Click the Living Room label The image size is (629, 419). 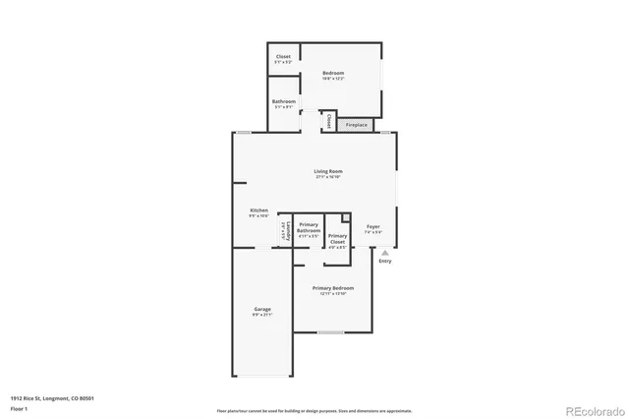click(327, 173)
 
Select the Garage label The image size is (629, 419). click(261, 310)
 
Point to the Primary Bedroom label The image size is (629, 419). click(333, 288)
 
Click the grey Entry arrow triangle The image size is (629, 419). click(384, 253)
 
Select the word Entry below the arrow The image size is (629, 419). click(384, 261)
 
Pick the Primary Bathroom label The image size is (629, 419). click(309, 227)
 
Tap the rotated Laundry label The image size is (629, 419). click(285, 233)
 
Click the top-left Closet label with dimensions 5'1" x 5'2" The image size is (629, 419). click(283, 57)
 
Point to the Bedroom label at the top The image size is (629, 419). click(334, 74)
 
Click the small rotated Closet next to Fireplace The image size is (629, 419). click(328, 123)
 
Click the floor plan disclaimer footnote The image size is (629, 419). click(314, 410)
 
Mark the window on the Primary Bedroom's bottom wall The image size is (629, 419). click(330, 332)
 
